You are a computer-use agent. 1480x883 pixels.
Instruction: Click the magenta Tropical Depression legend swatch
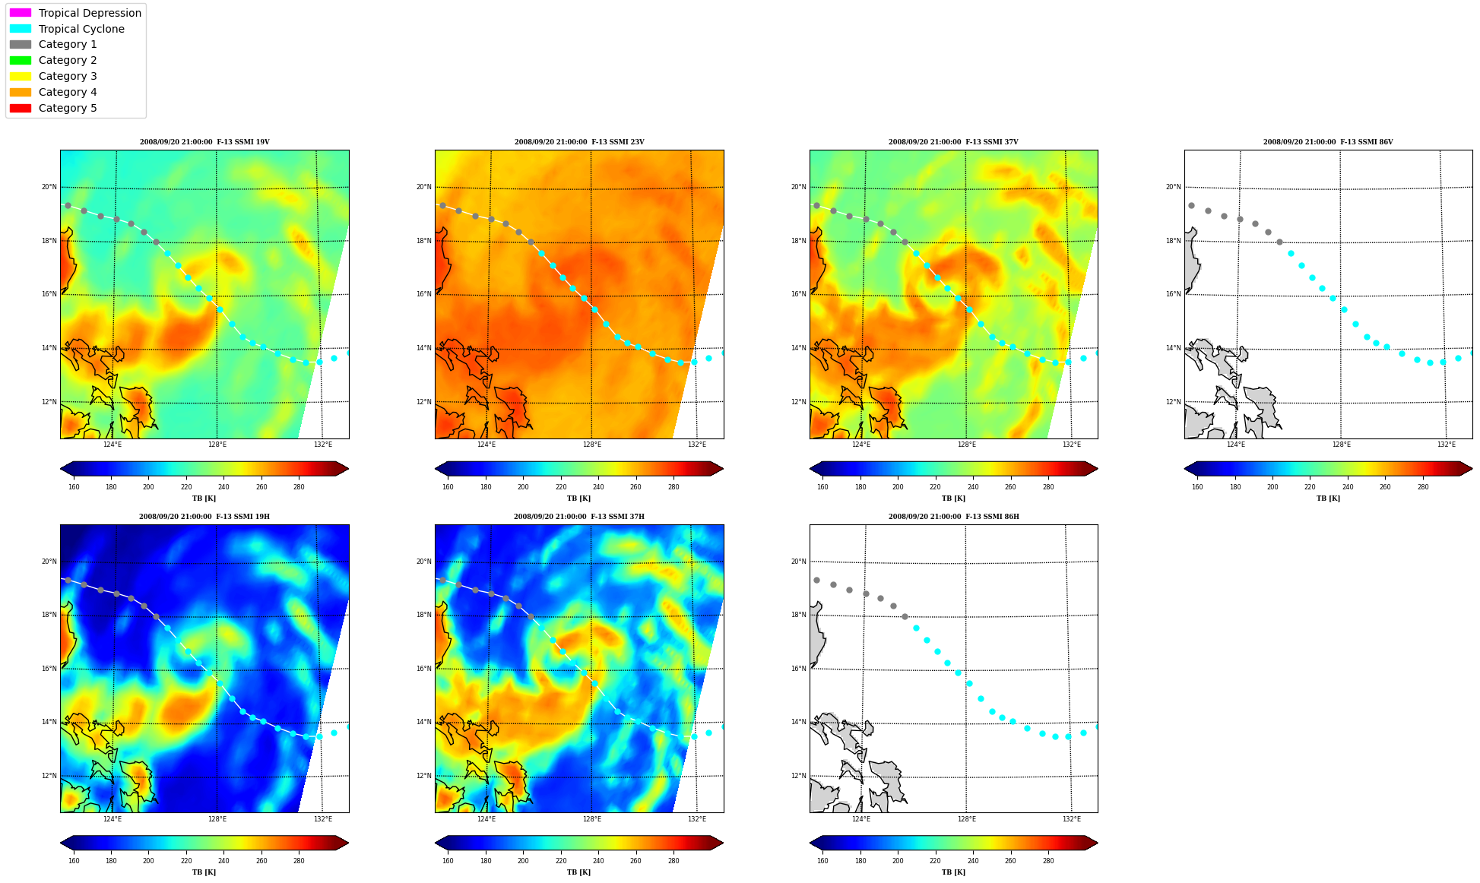point(21,13)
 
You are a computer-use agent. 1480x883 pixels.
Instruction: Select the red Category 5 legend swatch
point(21,108)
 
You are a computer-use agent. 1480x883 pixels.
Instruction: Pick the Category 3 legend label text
point(68,76)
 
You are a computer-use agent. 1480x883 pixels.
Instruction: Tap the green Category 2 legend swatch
point(21,60)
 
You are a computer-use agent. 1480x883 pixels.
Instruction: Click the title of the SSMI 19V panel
point(204,142)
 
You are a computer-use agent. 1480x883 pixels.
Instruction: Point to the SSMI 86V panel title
point(1328,142)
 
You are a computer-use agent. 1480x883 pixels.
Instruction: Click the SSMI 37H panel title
point(579,517)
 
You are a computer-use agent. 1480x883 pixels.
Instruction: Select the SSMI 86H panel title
point(954,517)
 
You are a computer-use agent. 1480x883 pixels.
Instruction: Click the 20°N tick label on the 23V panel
point(423,187)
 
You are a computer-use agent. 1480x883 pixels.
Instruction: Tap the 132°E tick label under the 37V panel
point(1072,445)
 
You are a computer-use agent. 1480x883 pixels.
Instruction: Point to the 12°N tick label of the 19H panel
point(49,776)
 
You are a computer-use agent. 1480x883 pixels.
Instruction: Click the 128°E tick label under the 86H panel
point(967,819)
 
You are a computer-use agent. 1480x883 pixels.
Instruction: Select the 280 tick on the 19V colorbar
point(299,487)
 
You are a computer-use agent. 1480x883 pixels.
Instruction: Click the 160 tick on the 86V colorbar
point(1197,487)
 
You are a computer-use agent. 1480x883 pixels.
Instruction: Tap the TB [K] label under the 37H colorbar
point(579,872)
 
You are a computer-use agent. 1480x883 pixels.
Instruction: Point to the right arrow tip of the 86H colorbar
point(1098,843)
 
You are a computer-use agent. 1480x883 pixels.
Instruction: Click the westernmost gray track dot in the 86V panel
point(1191,205)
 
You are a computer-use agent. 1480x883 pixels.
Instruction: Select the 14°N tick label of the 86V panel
point(1173,348)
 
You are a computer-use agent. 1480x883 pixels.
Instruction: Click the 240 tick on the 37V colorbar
point(972,487)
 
